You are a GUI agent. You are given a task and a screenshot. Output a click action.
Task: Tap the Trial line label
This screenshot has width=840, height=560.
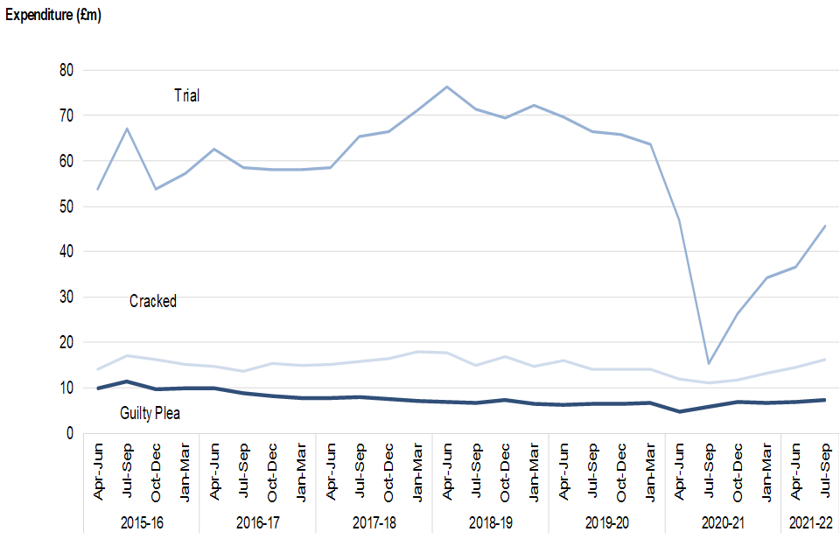pyautogui.click(x=186, y=95)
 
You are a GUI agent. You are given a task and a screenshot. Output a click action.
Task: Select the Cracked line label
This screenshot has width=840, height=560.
pyautogui.click(x=153, y=301)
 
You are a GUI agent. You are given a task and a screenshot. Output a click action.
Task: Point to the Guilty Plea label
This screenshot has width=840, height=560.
pyautogui.click(x=150, y=412)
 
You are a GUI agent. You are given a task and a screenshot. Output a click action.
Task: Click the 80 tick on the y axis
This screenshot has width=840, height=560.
pyautogui.click(x=66, y=70)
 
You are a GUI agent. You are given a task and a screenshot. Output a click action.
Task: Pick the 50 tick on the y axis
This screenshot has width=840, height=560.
pyautogui.click(x=66, y=206)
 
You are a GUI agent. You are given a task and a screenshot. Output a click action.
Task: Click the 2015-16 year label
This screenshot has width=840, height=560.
pyautogui.click(x=141, y=522)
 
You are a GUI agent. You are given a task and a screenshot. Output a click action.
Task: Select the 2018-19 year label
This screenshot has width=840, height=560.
pyautogui.click(x=490, y=522)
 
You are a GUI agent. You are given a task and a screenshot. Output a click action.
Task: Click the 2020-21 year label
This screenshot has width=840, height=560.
pyautogui.click(x=723, y=522)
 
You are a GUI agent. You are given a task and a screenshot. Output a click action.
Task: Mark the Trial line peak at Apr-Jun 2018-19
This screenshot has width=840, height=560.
pyautogui.click(x=447, y=87)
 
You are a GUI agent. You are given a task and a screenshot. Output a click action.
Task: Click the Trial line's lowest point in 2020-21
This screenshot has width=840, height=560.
pyautogui.click(x=709, y=363)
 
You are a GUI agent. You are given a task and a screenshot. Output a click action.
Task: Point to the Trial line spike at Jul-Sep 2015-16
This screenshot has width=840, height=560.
pyautogui.click(x=127, y=129)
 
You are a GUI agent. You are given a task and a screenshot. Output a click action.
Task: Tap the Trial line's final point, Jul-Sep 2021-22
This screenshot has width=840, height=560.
pyautogui.click(x=824, y=226)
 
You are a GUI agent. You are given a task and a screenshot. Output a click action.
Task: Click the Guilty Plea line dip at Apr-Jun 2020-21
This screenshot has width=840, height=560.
pyautogui.click(x=679, y=411)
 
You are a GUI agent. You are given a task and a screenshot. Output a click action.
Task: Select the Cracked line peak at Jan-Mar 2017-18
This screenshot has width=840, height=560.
pyautogui.click(x=418, y=352)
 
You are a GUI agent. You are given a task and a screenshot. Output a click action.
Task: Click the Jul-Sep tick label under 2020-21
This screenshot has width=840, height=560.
pyautogui.click(x=710, y=473)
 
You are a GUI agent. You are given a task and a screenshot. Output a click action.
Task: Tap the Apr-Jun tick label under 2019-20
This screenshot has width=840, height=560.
pyautogui.click(x=563, y=473)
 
